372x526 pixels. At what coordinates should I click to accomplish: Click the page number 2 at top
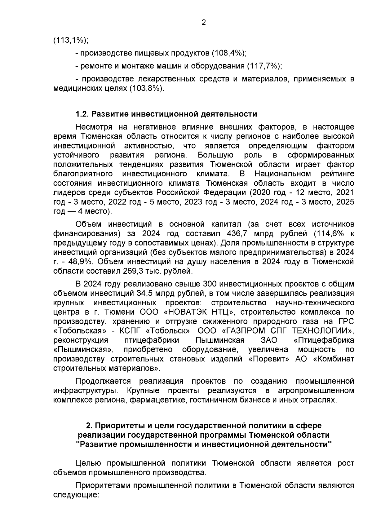[x=204, y=22]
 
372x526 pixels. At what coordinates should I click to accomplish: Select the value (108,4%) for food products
[x=229, y=53]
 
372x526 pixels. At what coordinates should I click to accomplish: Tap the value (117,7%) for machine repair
[x=264, y=66]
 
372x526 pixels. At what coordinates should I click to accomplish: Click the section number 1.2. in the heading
[x=82, y=114]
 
